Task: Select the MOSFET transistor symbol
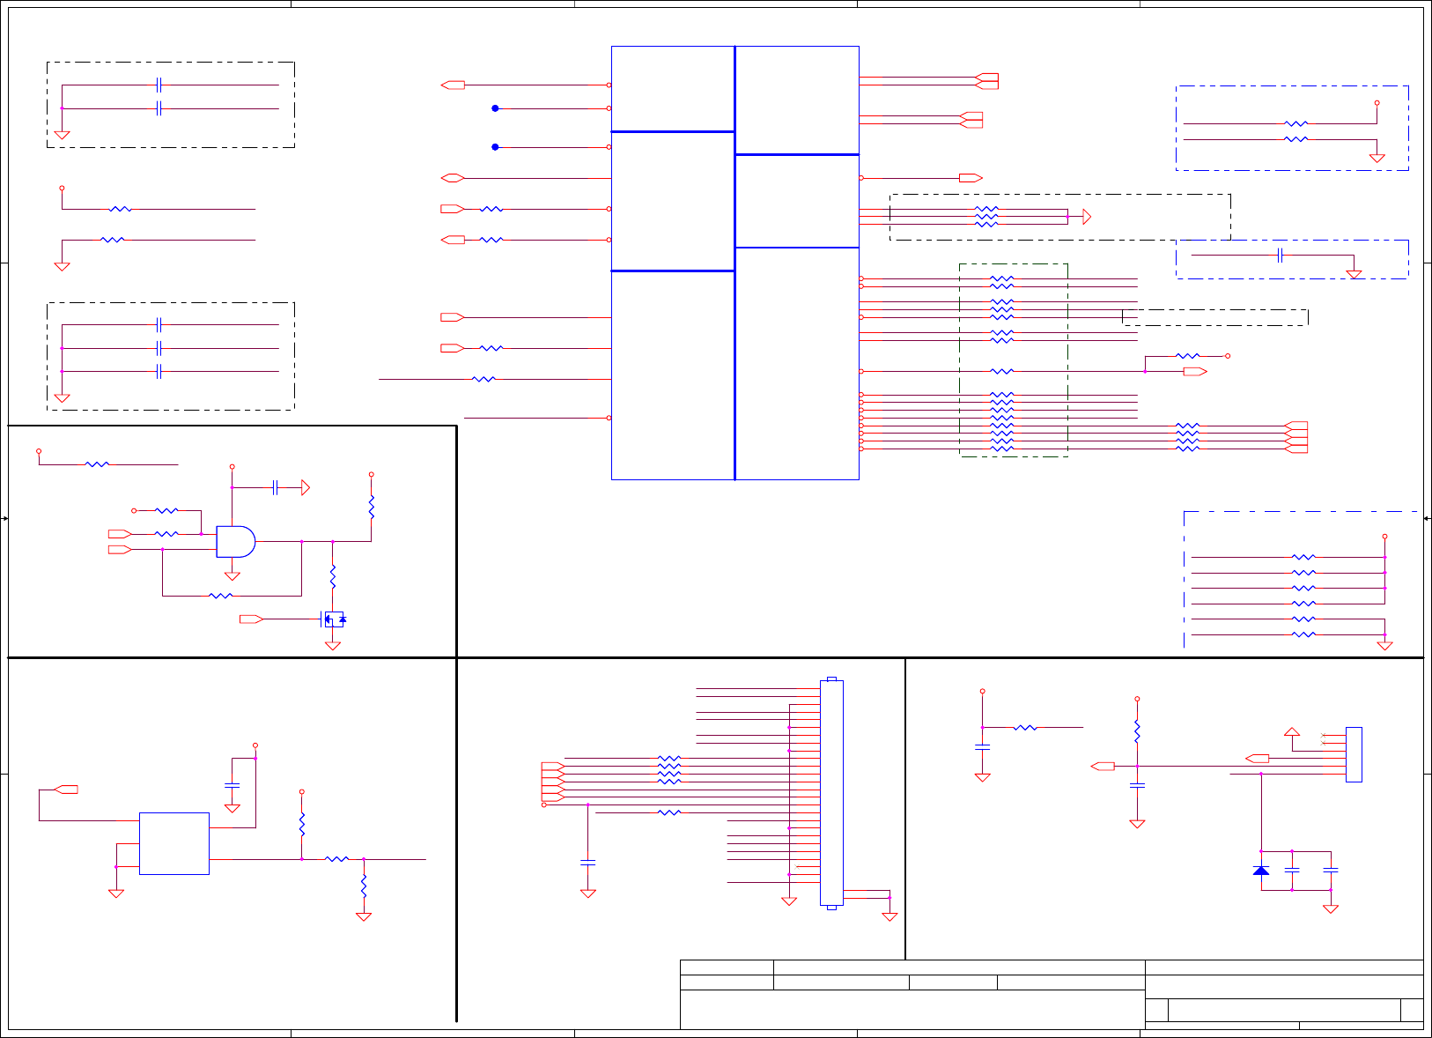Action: (334, 619)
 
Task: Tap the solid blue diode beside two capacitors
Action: (1261, 871)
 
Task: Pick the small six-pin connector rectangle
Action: (1354, 754)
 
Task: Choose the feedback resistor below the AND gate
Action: (221, 597)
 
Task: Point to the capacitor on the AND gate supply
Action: (276, 487)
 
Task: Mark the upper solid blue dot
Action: (495, 108)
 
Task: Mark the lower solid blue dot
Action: (495, 147)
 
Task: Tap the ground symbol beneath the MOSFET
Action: (333, 646)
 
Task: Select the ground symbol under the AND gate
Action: (233, 576)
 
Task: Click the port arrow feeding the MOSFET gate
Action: (251, 619)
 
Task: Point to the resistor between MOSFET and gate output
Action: (333, 577)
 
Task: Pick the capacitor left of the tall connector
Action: (588, 862)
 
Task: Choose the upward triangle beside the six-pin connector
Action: (1292, 732)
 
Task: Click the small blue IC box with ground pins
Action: (174, 843)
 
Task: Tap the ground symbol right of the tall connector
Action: (889, 916)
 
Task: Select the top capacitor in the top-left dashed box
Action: (159, 85)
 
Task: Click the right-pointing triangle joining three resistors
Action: (1086, 217)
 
